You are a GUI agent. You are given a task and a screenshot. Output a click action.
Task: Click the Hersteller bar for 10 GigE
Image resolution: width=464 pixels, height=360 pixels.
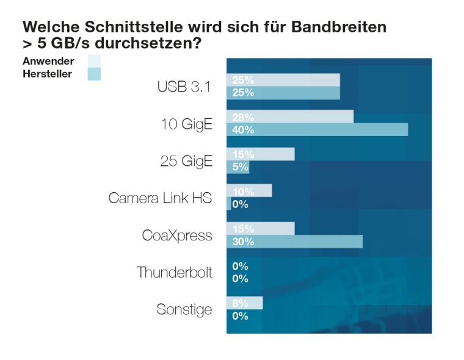pyautogui.click(x=317, y=129)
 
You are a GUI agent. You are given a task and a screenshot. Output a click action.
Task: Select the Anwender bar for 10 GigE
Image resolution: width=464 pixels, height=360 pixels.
pyautogui.click(x=290, y=117)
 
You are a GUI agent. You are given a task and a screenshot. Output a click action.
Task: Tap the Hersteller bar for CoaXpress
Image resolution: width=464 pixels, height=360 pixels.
pyautogui.click(x=294, y=241)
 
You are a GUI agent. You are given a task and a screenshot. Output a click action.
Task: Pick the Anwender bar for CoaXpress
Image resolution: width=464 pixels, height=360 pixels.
pyautogui.click(x=261, y=228)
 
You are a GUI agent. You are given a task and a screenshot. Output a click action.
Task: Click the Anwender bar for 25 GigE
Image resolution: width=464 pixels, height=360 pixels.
pyautogui.click(x=261, y=154)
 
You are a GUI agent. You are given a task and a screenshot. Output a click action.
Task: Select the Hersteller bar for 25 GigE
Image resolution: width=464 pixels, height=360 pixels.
pyautogui.click(x=237, y=167)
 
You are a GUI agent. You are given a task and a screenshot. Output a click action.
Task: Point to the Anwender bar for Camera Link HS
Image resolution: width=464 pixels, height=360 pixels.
pyautogui.click(x=249, y=191)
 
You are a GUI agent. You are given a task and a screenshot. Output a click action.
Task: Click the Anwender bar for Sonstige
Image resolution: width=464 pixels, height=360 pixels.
pyautogui.click(x=244, y=303)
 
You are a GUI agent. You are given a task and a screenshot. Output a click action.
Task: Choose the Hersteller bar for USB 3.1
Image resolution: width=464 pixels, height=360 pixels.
pyautogui.click(x=283, y=92)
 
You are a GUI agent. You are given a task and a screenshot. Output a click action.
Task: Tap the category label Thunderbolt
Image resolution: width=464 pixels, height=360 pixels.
pyautogui.click(x=175, y=272)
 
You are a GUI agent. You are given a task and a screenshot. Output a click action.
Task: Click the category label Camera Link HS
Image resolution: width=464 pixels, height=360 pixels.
pyautogui.click(x=161, y=198)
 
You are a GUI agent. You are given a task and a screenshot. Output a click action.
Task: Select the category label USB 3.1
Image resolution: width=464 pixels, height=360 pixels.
pyautogui.click(x=184, y=87)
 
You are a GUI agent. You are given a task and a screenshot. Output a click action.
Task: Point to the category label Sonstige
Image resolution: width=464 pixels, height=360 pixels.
pyautogui.click(x=184, y=309)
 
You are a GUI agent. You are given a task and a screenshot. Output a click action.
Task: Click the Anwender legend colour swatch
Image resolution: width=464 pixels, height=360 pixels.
pyautogui.click(x=93, y=61)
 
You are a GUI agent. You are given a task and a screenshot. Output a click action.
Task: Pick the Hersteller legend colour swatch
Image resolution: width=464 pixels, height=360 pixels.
pyautogui.click(x=93, y=74)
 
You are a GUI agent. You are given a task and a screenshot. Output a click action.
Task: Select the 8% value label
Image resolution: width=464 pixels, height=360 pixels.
pyautogui.click(x=240, y=303)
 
